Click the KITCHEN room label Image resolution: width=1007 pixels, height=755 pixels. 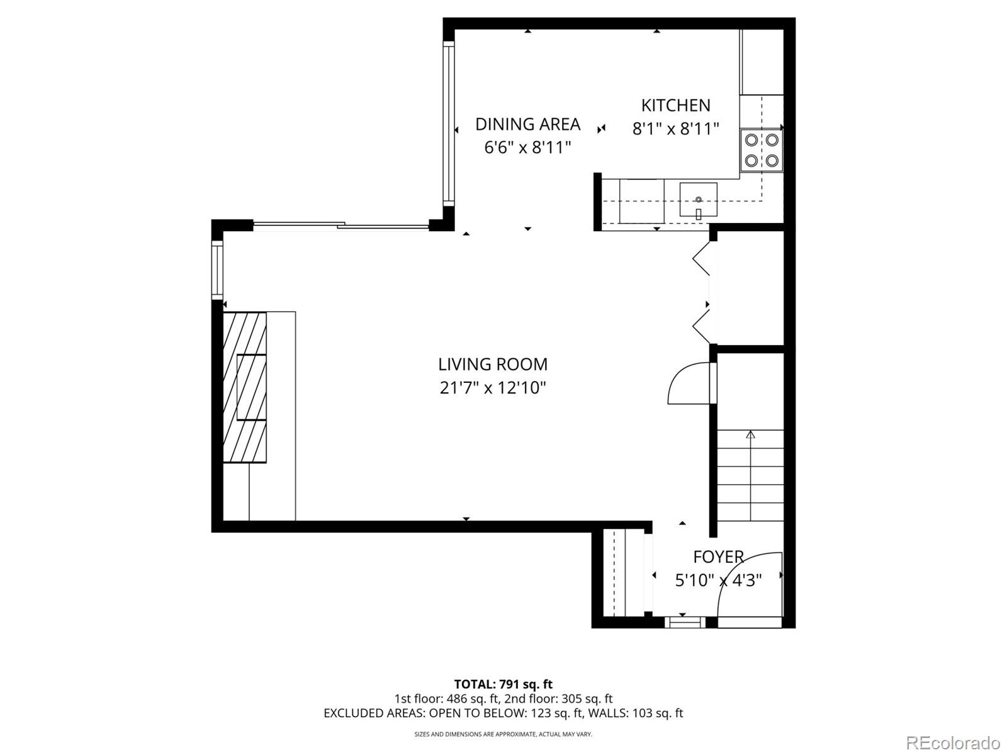(675, 105)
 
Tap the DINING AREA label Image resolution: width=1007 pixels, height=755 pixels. (527, 124)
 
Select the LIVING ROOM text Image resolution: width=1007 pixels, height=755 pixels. (493, 364)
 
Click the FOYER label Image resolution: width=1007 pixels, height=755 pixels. (718, 557)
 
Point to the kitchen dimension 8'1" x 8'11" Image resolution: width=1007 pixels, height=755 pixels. (675, 129)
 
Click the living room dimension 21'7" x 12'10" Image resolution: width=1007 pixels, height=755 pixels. (493, 388)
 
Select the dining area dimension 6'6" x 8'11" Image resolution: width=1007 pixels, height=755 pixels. (527, 148)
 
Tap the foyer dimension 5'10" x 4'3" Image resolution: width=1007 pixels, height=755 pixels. (718, 580)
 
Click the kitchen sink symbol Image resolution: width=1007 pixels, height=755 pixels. (698, 200)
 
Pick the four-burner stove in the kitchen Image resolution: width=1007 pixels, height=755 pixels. (761, 150)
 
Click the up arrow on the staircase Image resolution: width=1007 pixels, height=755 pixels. (750, 434)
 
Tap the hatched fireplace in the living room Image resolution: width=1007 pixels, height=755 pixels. (245, 387)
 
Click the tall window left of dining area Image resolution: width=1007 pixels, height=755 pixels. (448, 123)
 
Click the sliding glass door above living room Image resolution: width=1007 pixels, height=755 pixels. (340, 225)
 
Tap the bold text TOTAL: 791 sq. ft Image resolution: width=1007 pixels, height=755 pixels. (503, 684)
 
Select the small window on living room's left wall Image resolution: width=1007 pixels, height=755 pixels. (217, 270)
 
